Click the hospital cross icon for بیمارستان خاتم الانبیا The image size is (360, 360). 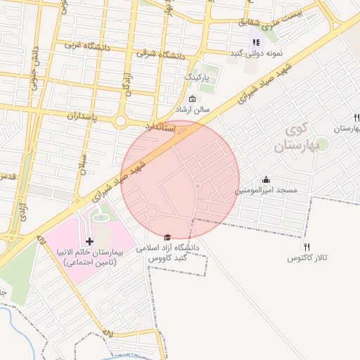click(89, 241)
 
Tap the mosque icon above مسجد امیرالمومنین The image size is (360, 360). click(266, 180)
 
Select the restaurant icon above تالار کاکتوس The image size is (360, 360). click(307, 247)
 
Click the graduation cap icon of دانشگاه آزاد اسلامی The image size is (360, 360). click(167, 238)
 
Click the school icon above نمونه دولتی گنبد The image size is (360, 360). click(255, 43)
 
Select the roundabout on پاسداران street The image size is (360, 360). click(120, 121)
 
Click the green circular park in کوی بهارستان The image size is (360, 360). click(322, 144)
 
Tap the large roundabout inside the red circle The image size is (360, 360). click(152, 212)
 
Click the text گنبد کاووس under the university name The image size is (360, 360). click(170, 259)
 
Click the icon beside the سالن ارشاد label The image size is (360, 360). click(193, 98)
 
